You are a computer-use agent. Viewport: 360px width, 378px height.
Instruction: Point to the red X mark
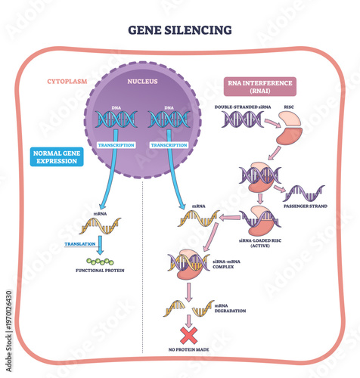point(188,335)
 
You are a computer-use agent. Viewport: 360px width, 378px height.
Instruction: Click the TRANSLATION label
point(79,243)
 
